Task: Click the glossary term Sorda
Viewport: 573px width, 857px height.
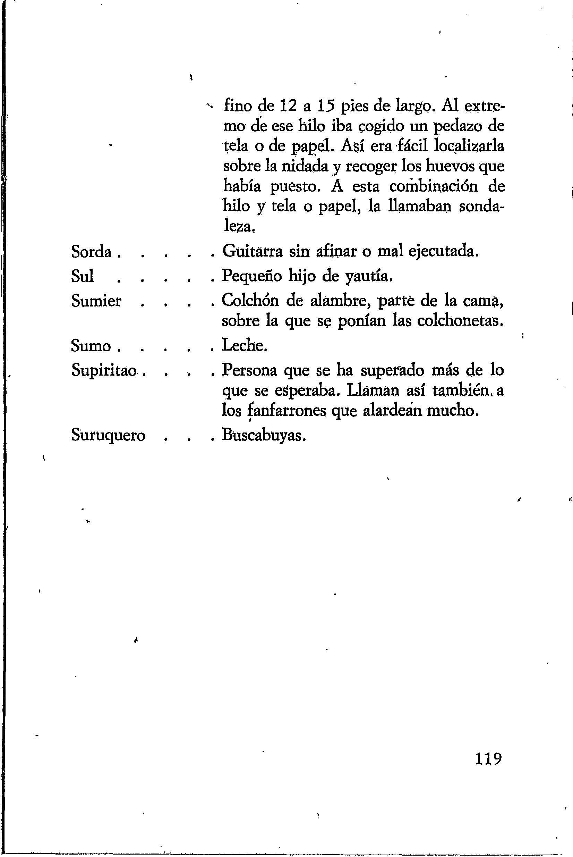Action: pos(91,252)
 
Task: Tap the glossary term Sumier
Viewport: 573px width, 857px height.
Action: pos(96,301)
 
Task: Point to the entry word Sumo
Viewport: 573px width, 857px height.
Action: pos(91,346)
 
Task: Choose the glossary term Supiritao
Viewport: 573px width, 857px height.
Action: pos(104,370)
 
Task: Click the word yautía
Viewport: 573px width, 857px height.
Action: pos(369,277)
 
